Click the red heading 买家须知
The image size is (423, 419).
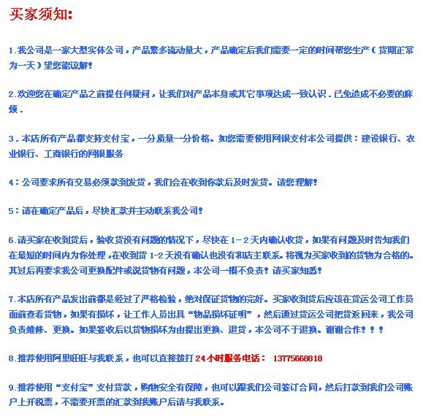click(42, 15)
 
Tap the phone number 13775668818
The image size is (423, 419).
click(296, 359)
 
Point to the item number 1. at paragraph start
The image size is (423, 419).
click(12, 51)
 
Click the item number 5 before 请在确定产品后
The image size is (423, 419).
click(12, 211)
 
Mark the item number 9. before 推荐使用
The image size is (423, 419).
click(12, 388)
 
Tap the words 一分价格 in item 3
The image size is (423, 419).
click(191, 139)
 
